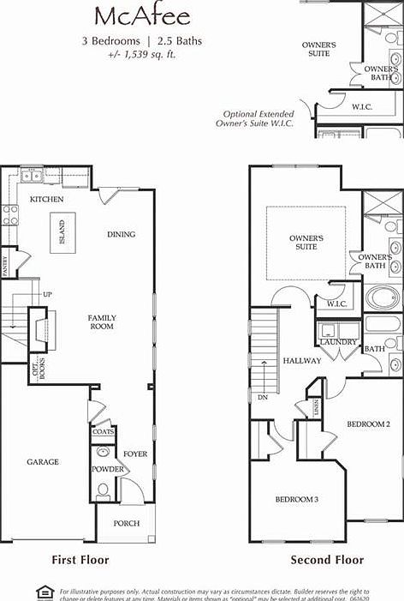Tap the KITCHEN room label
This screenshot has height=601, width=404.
(x=47, y=199)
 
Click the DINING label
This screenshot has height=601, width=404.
(x=121, y=234)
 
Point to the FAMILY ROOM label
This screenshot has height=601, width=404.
(x=102, y=322)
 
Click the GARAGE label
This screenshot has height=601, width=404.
(x=42, y=462)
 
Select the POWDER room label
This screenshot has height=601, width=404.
(x=108, y=469)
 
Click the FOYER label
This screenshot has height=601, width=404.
(x=135, y=454)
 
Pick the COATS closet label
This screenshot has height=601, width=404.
(x=103, y=432)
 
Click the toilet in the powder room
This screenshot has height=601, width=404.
(x=103, y=490)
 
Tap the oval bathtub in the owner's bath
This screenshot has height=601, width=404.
(x=382, y=298)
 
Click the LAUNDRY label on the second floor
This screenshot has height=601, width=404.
(x=338, y=342)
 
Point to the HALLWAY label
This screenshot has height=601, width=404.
(x=302, y=361)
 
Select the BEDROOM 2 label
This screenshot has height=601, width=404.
(x=368, y=424)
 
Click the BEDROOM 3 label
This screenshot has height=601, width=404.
(x=296, y=499)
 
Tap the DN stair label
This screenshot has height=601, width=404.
(x=262, y=398)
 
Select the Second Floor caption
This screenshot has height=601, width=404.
(x=327, y=560)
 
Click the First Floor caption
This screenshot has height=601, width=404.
(x=80, y=560)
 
